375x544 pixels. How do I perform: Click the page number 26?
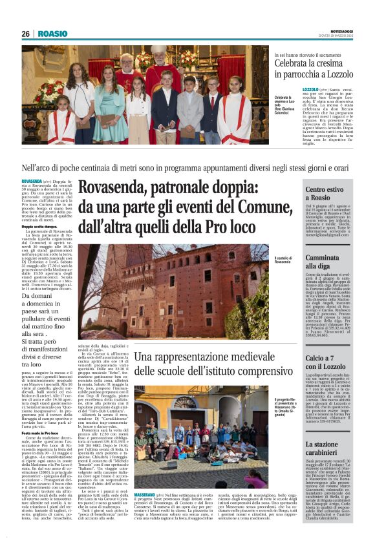[25, 34]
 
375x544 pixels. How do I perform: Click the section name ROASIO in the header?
[52, 34]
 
